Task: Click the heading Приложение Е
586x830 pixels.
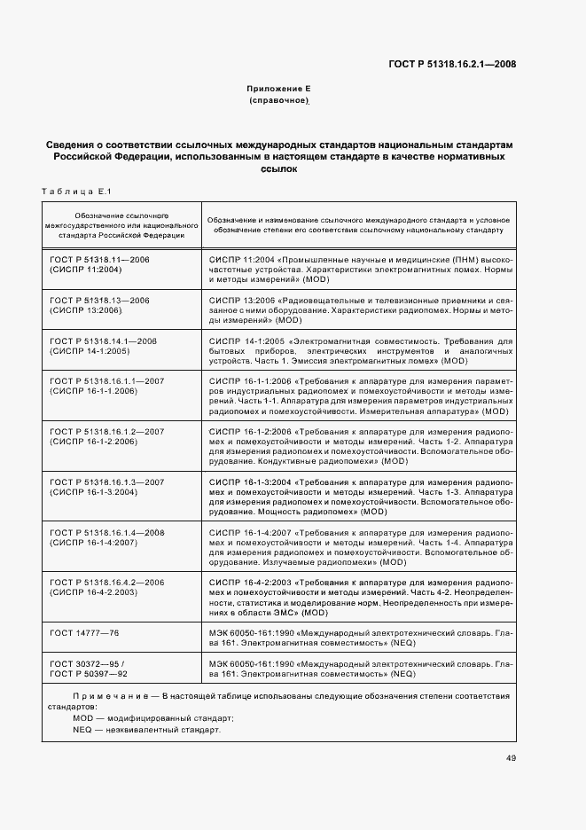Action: tap(278, 90)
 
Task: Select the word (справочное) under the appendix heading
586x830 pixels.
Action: tap(278, 102)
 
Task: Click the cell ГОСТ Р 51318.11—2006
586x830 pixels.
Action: tap(99, 258)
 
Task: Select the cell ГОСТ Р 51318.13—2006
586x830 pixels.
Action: tap(99, 301)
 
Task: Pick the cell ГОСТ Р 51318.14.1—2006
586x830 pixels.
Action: tap(103, 341)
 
